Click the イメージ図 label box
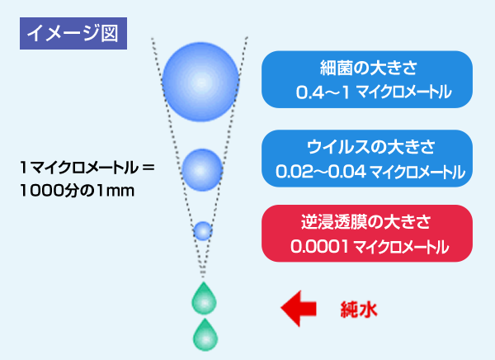[73, 34]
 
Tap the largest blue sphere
[200, 82]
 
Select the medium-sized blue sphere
[202, 170]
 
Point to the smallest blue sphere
[203, 230]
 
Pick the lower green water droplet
[205, 335]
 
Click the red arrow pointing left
[299, 308]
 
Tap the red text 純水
[359, 310]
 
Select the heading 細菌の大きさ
[369, 68]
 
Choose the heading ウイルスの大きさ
[371, 147]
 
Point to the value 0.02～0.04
[321, 172]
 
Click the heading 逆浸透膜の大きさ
[365, 221]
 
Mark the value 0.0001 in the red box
[319, 247]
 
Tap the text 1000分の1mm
[77, 191]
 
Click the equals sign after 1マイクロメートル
[148, 167]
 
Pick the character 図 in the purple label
[110, 34]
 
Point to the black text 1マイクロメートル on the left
[79, 168]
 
